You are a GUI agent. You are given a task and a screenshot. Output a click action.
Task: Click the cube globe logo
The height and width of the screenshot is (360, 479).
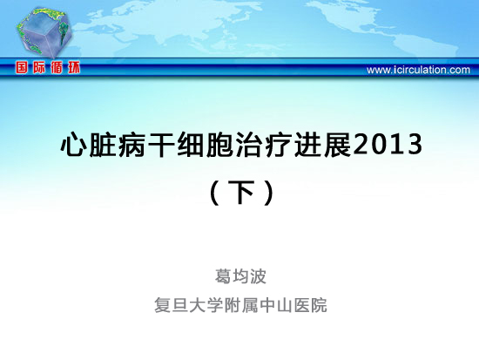(x=44, y=33)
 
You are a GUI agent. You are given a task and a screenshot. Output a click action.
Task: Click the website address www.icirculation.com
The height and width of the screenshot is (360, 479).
(x=418, y=70)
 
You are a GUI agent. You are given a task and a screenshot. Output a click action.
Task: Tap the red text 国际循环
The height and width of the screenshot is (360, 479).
(x=48, y=68)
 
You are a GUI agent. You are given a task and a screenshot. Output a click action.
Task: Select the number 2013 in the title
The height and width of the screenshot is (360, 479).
(x=388, y=145)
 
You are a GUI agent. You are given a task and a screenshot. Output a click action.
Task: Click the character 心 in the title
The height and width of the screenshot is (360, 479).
(x=74, y=145)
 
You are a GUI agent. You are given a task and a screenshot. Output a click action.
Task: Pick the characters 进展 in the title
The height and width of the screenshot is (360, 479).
(x=323, y=145)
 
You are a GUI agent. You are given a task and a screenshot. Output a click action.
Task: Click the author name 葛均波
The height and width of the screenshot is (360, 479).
(x=240, y=276)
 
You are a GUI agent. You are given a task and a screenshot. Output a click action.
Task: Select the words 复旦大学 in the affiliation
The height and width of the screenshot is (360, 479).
(x=188, y=305)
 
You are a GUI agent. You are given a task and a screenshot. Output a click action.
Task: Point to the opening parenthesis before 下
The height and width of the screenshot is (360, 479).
(x=215, y=193)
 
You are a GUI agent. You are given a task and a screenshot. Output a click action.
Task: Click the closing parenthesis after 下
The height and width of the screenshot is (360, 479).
(x=269, y=193)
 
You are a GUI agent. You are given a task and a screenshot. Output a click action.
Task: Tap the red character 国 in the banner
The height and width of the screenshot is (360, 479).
(x=22, y=68)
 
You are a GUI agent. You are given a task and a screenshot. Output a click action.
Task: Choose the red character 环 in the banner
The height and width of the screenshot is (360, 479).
(x=74, y=68)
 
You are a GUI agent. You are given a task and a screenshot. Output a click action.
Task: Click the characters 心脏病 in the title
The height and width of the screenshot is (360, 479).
(x=103, y=145)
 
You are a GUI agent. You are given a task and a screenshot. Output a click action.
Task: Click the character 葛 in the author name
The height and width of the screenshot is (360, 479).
(x=223, y=276)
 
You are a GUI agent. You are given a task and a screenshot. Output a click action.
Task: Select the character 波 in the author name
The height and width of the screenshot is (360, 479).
(x=259, y=276)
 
